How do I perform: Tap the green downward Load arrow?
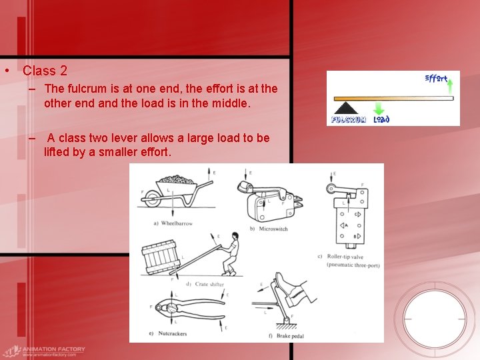click(x=379, y=109)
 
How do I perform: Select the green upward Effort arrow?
click(x=450, y=86)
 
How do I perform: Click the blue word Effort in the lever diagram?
click(x=436, y=78)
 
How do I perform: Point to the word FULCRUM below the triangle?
click(x=349, y=120)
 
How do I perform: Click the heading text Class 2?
click(x=45, y=70)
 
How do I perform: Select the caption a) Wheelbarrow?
click(x=172, y=223)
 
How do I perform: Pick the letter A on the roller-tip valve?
click(x=347, y=226)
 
